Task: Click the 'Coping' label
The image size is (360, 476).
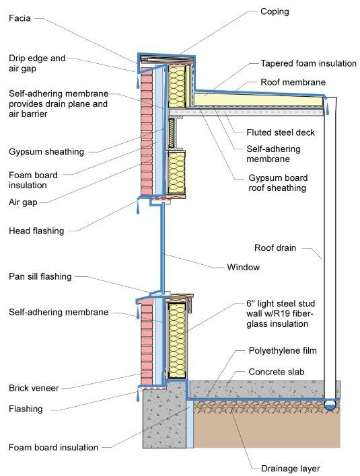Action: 275,12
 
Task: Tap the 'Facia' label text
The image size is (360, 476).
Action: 20,18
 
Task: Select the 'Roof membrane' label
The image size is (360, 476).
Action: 293,82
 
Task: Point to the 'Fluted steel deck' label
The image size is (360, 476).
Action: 281,132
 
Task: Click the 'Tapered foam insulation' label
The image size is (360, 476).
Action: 308,63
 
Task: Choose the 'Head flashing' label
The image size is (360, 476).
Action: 36,231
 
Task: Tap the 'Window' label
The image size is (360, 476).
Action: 244,268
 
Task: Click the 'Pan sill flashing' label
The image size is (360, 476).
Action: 40,276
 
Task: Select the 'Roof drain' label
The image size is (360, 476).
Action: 275,248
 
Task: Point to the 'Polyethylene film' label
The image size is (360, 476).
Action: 283,351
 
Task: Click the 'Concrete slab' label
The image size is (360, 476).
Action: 276,372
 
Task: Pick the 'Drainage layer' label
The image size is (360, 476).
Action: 291,469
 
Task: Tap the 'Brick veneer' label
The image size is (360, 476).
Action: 34,388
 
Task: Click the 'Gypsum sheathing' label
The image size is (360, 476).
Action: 46,152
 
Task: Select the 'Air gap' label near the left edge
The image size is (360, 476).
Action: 23,202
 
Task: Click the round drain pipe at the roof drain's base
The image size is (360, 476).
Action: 330,405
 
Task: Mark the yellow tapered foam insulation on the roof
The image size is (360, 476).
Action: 258,100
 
